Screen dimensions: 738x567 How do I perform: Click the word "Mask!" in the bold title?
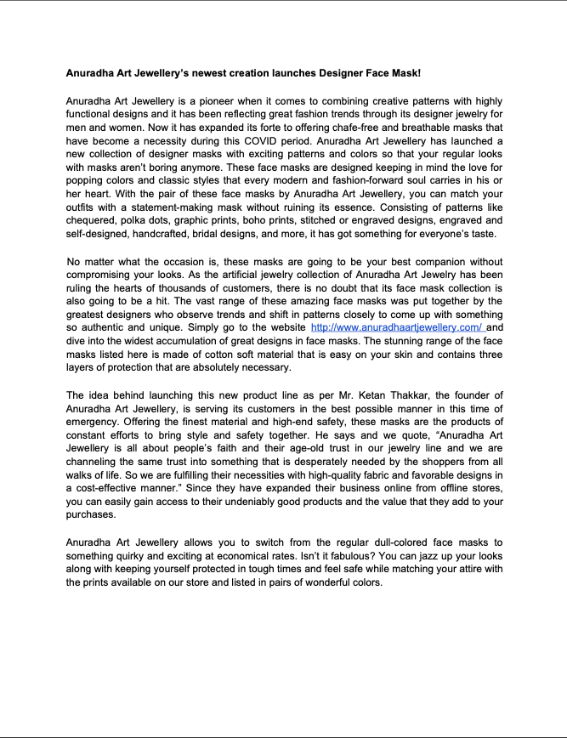coord(404,75)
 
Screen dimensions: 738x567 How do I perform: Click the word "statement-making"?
coord(152,195)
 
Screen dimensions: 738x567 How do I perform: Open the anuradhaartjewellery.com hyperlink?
coord(397,327)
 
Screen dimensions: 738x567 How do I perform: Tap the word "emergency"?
coord(93,421)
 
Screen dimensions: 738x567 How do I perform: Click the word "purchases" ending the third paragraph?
coord(90,514)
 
